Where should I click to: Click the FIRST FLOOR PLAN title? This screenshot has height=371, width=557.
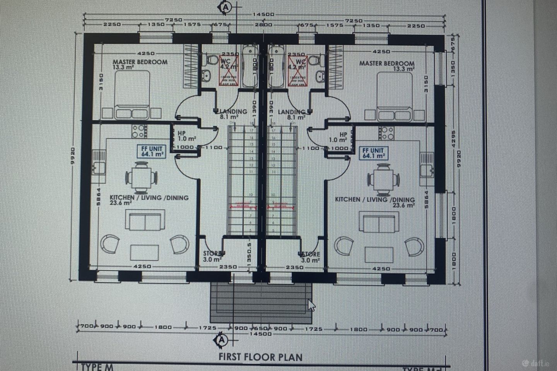261,356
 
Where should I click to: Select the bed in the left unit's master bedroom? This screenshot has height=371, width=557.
132,95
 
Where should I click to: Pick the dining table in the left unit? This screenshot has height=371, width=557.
142,178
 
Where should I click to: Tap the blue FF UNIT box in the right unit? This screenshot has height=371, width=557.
373,153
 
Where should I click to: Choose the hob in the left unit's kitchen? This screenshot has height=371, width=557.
138,131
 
